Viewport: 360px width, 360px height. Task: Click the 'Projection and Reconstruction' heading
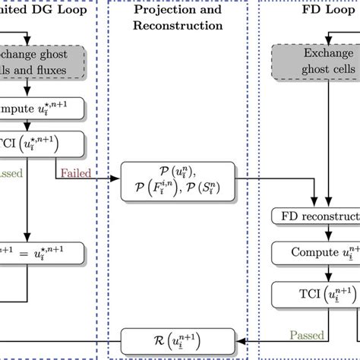click(178, 18)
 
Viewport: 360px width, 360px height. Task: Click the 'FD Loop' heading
click(312, 11)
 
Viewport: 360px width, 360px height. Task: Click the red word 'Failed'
click(74, 173)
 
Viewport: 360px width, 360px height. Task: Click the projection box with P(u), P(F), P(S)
click(178, 184)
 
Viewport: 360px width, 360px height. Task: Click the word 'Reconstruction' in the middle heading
click(178, 26)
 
